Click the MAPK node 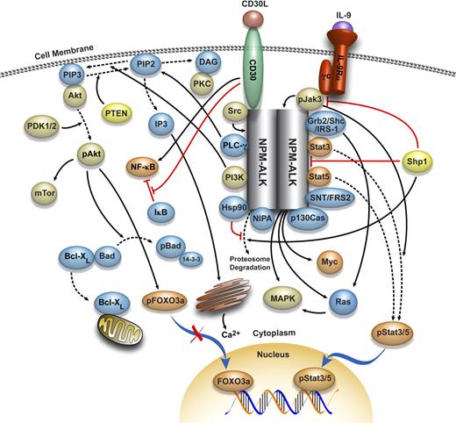coord(273,298)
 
